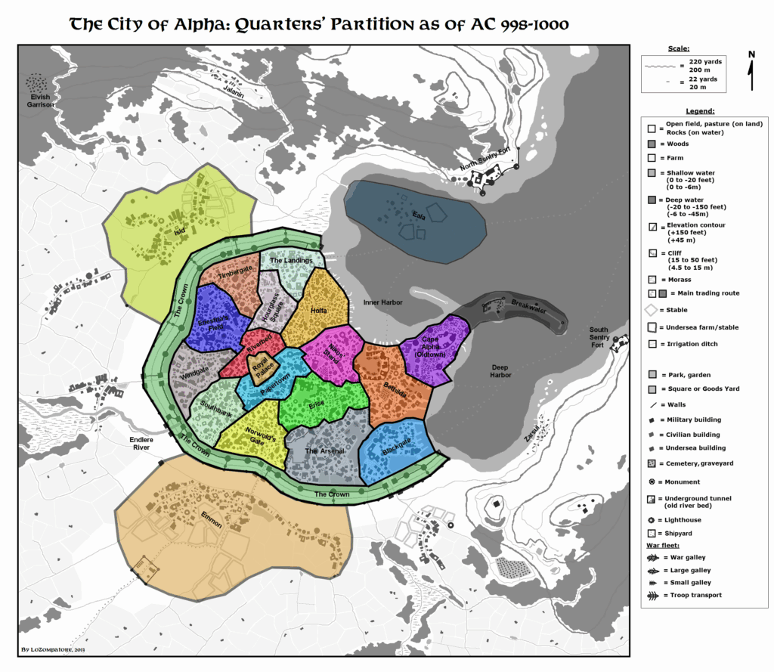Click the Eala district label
click(x=418, y=215)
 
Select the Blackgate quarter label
click(x=396, y=445)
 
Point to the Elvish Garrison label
click(x=36, y=101)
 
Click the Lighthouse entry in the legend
click(x=682, y=520)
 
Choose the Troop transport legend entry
click(x=689, y=595)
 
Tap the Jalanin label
click(x=234, y=92)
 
